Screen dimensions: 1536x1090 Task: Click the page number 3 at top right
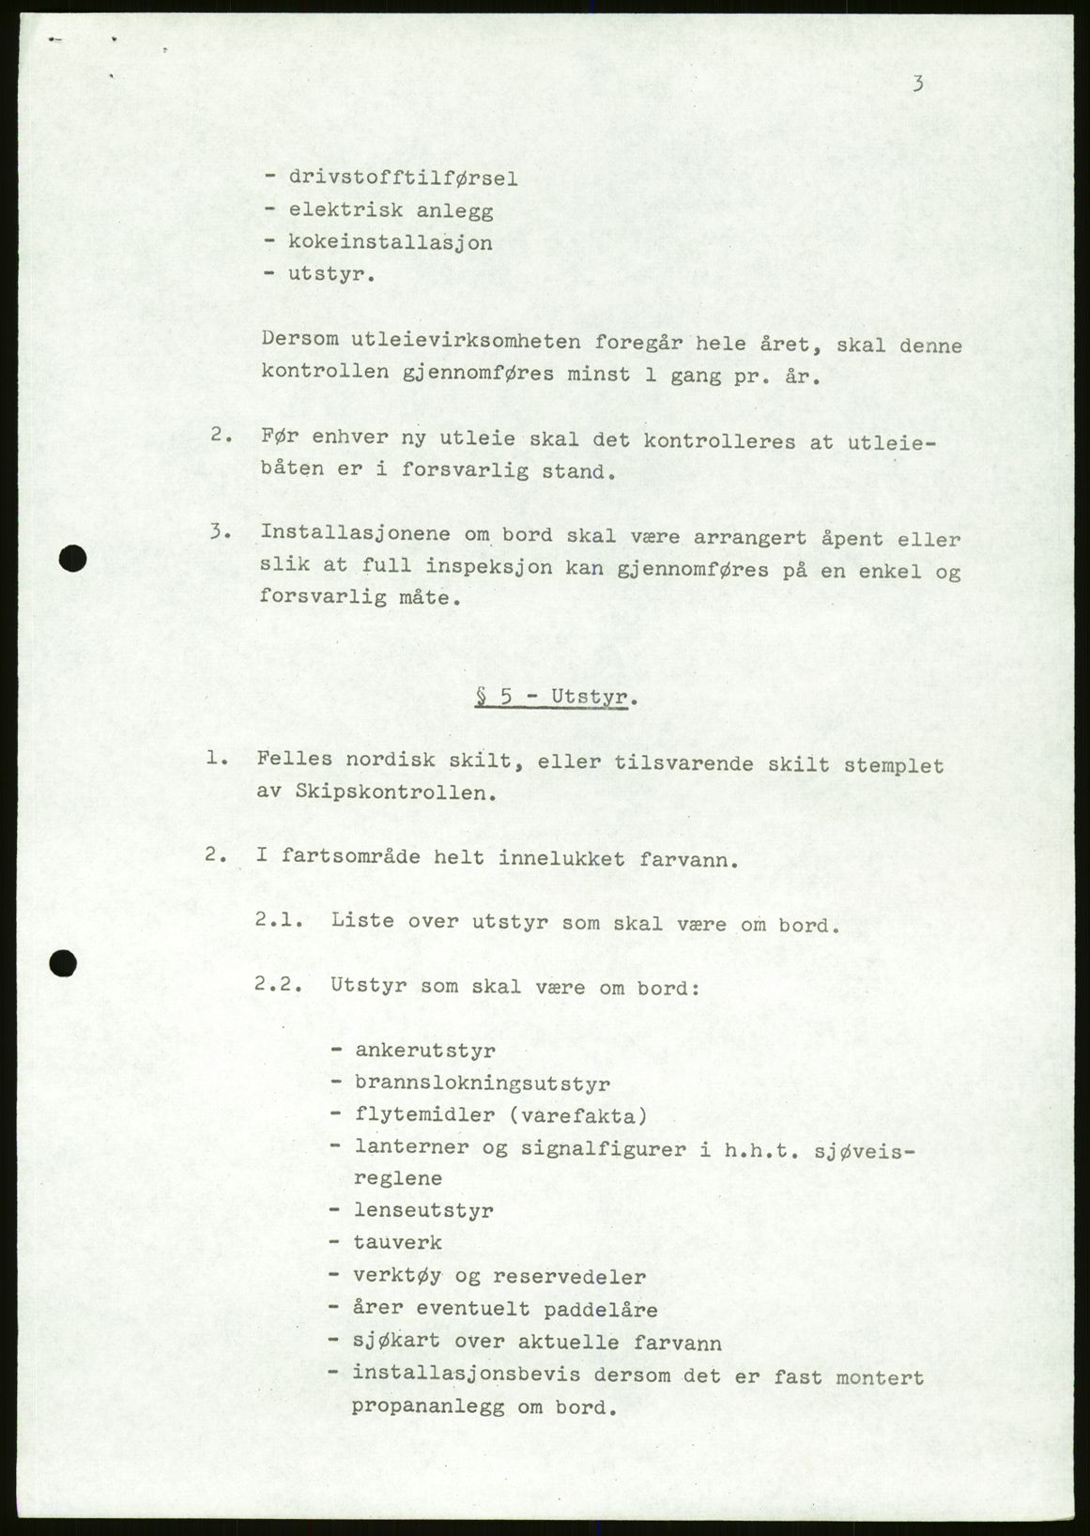coord(917,84)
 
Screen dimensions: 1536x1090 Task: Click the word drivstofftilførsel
coord(403,177)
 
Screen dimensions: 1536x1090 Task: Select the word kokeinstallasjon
coord(391,242)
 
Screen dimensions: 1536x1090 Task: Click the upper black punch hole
coord(72,561)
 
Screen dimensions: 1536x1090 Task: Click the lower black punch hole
coord(64,963)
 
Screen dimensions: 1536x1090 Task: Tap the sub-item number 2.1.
coord(278,921)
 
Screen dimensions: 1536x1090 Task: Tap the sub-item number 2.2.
coord(278,988)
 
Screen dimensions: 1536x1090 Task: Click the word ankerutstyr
coord(424,1051)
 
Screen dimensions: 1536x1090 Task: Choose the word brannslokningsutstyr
coord(482,1083)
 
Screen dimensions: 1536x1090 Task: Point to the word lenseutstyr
coord(423,1211)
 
